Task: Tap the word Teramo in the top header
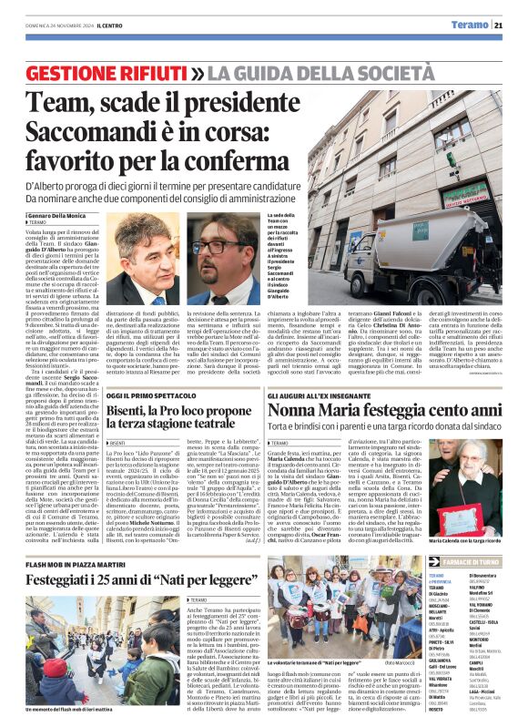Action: click(x=475, y=26)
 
